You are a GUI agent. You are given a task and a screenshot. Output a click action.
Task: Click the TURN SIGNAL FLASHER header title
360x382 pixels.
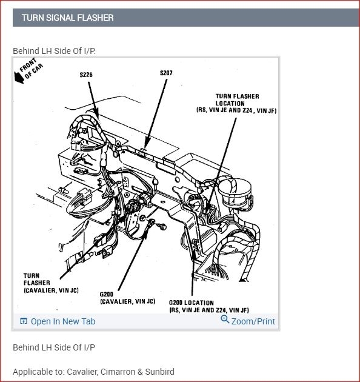click(67, 18)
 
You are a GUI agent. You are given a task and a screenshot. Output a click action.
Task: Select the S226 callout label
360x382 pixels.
click(86, 75)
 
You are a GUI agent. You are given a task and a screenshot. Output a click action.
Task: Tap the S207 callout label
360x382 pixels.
click(166, 73)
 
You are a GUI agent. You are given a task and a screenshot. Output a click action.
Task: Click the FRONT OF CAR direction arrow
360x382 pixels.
click(19, 78)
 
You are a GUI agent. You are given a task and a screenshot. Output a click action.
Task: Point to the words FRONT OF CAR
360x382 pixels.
click(31, 68)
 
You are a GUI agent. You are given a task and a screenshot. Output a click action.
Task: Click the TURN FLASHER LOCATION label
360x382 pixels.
click(237, 100)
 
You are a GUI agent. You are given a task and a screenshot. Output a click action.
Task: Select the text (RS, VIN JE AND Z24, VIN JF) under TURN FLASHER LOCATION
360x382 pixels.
click(236, 110)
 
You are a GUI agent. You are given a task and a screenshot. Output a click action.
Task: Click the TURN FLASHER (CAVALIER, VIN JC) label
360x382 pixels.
click(51, 283)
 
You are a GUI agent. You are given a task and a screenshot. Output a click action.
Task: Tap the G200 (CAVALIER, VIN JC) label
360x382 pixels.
click(127, 298)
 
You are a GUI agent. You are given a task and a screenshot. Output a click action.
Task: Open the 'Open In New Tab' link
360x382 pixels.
click(63, 321)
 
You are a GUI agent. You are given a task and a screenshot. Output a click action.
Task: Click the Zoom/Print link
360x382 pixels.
click(253, 321)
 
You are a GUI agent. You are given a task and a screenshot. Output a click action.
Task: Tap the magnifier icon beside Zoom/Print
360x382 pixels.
click(225, 319)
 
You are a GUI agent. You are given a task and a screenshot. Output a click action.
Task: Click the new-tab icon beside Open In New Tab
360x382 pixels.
click(24, 321)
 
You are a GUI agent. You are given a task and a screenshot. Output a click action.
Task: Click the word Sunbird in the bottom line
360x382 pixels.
click(160, 372)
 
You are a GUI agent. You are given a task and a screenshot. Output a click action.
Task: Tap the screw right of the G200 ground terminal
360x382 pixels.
click(162, 227)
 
